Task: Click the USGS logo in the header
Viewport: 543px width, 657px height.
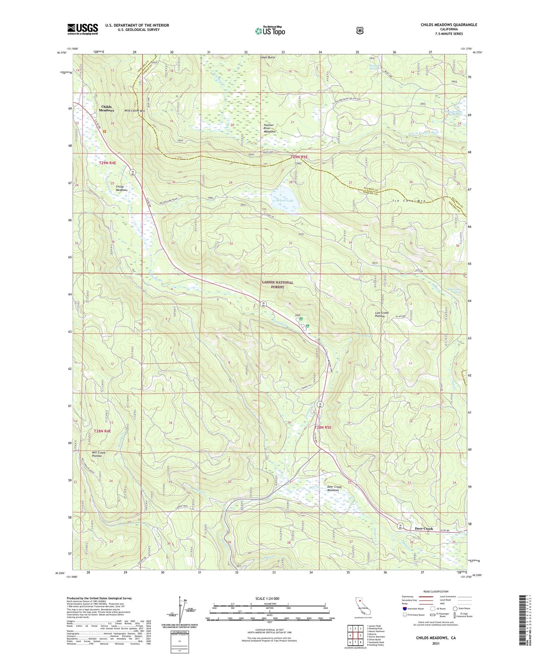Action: pyautogui.click(x=82, y=29)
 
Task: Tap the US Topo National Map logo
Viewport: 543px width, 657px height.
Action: pyautogui.click(x=270, y=30)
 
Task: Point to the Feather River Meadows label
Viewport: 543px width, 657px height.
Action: pyautogui.click(x=269, y=128)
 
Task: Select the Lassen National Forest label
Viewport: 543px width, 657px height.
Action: pyautogui.click(x=278, y=284)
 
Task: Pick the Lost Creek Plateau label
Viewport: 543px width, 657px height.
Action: pyautogui.click(x=382, y=315)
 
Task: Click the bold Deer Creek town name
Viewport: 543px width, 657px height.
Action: pyautogui.click(x=424, y=529)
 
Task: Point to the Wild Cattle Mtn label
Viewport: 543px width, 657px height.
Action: pyautogui.click(x=135, y=111)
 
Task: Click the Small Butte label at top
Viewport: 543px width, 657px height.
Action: pyautogui.click(x=268, y=57)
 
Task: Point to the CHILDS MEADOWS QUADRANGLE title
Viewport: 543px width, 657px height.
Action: pyautogui.click(x=449, y=25)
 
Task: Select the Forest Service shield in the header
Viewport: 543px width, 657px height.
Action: pyautogui.click(x=360, y=30)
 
